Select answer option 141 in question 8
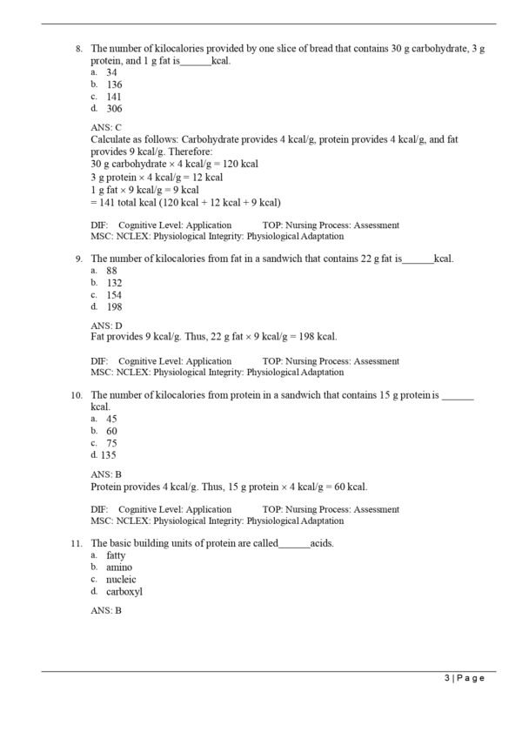point(114,97)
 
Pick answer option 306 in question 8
point(114,109)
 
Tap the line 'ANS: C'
point(106,127)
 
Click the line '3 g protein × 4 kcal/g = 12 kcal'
point(157,177)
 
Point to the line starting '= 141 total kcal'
point(185,201)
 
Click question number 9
point(78,259)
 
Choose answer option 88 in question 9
point(112,271)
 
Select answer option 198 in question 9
point(114,306)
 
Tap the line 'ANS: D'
point(106,325)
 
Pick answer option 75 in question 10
point(112,443)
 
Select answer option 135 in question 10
point(108,454)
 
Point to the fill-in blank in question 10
point(458,396)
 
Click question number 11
point(77,543)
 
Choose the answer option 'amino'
point(119,567)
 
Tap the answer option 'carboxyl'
point(124,591)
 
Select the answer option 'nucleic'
point(121,579)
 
